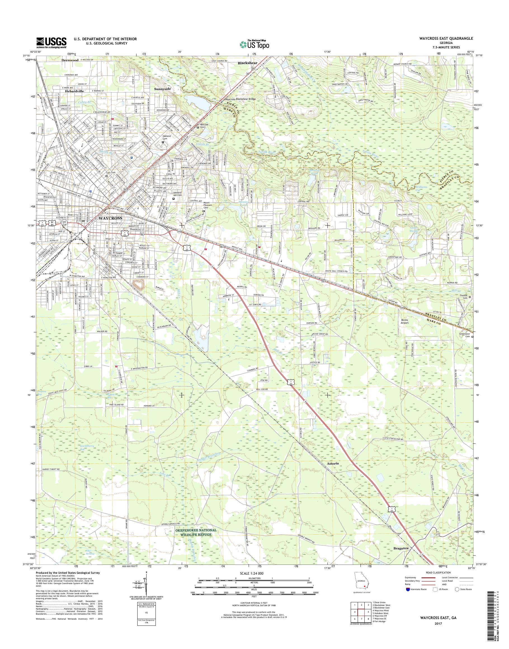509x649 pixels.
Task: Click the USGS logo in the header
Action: pos(51,43)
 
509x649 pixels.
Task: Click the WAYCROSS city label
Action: pos(109,218)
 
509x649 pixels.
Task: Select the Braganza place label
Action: pos(401,548)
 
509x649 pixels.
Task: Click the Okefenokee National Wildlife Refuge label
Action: pos(195,533)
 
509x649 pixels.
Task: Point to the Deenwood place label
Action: pos(70,60)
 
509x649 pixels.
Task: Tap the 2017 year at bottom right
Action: pos(437,622)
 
